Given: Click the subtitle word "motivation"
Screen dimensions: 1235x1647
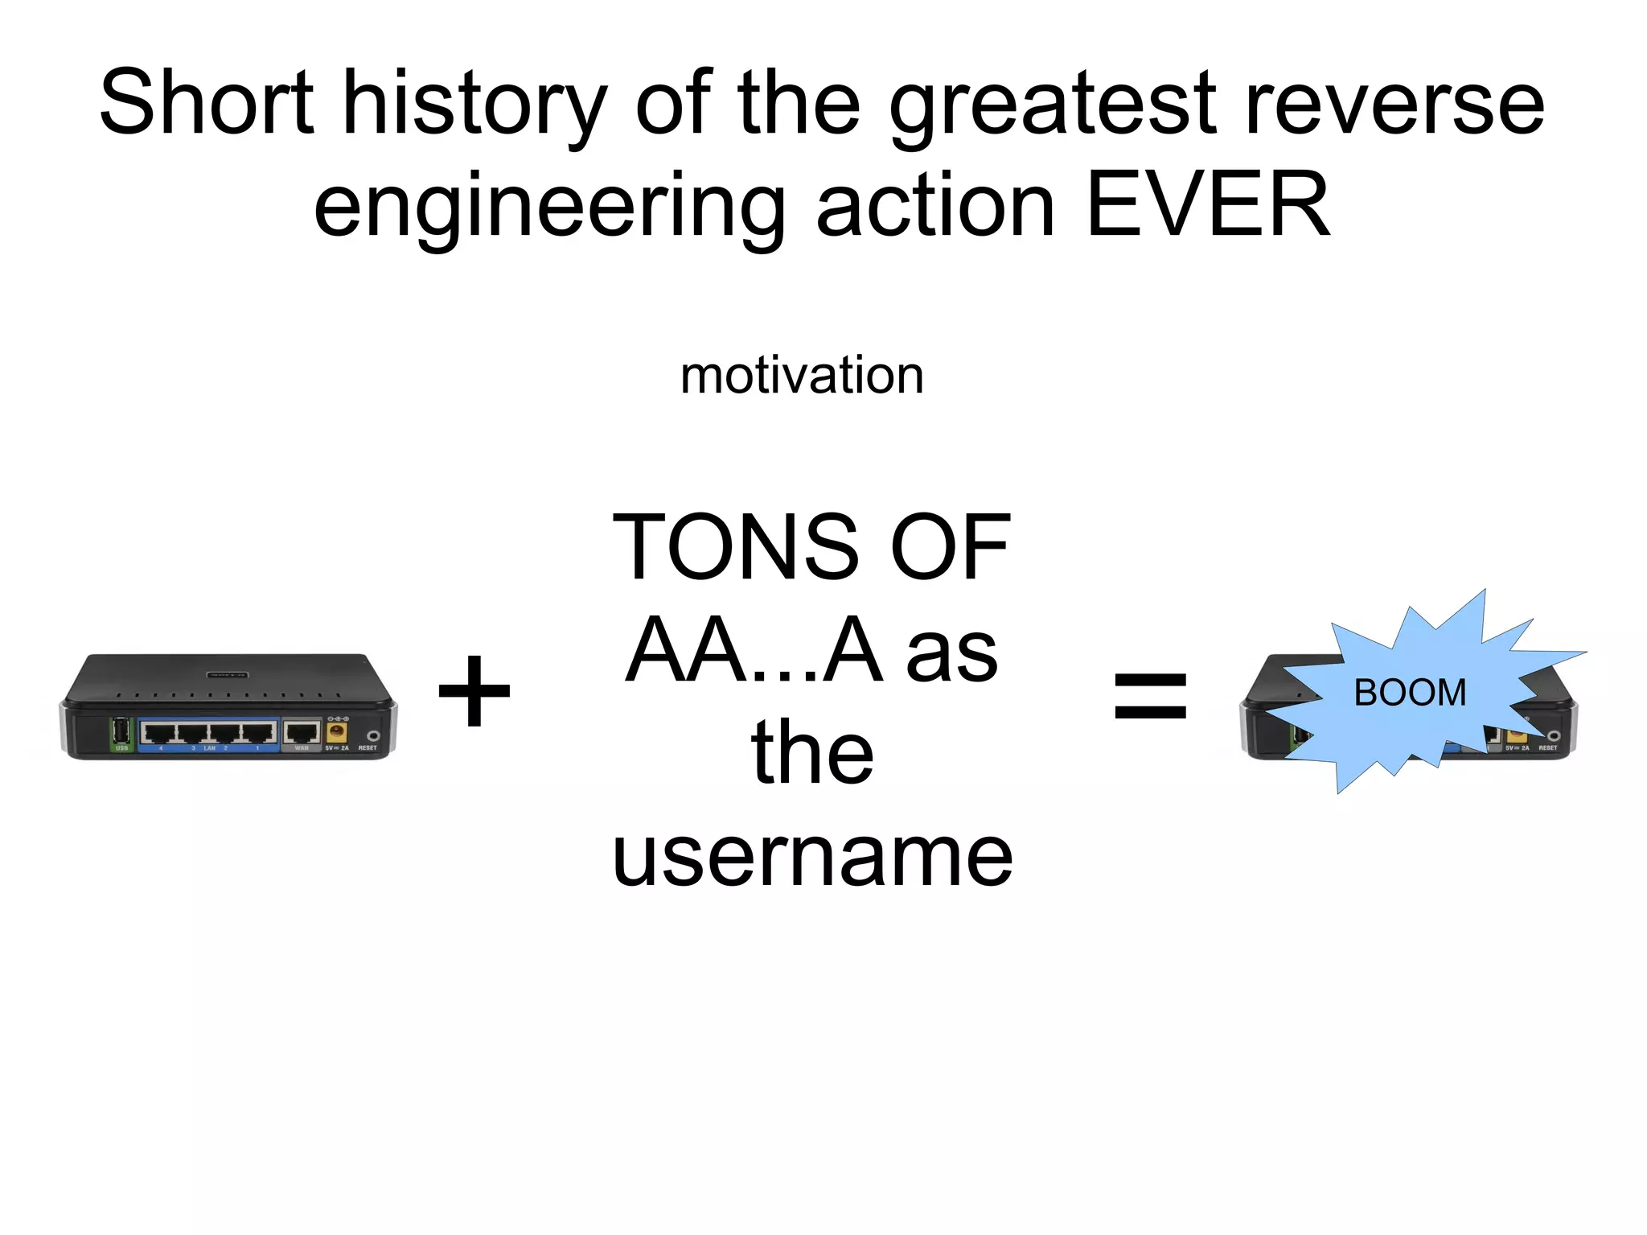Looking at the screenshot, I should click(x=802, y=376).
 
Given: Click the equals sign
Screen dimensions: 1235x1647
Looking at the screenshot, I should click(x=1150, y=696).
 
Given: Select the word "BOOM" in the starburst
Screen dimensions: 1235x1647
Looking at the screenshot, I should click(x=1410, y=693).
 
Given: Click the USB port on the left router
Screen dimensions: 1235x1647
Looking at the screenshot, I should click(x=121, y=731).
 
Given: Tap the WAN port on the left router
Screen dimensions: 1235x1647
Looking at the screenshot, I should click(x=302, y=733).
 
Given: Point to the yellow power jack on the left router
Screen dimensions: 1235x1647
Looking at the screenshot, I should click(x=336, y=732).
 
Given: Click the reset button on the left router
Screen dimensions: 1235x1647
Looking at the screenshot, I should click(x=373, y=735).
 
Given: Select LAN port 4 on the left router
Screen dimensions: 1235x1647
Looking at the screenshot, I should click(x=159, y=733).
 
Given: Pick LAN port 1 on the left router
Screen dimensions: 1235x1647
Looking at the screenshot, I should click(x=259, y=733).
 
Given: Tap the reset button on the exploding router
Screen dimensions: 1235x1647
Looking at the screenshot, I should click(x=1554, y=736).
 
